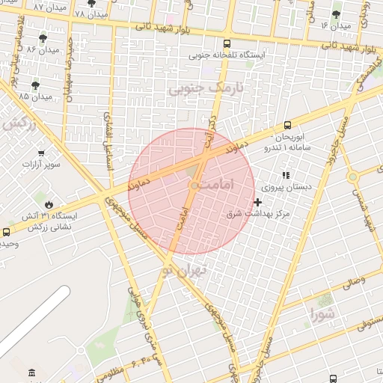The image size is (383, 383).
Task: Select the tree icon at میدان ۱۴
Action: click(336, 13)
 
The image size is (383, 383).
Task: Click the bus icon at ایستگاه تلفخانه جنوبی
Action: click(227, 43)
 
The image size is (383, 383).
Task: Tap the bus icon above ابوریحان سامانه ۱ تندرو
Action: click(288, 125)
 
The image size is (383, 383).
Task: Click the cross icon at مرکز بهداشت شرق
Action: click(258, 202)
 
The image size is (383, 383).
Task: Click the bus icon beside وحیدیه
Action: click(7, 232)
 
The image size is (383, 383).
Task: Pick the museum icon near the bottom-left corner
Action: click(31, 373)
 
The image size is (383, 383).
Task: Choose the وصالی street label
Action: click(352, 283)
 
